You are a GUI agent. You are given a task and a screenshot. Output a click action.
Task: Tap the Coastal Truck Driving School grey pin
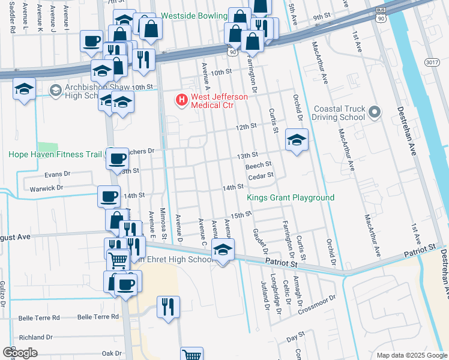(x=375, y=112)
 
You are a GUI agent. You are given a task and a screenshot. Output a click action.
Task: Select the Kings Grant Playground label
(x=291, y=198)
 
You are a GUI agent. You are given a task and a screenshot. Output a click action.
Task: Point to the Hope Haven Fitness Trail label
(x=55, y=154)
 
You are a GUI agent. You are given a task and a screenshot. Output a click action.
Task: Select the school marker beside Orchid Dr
(x=297, y=140)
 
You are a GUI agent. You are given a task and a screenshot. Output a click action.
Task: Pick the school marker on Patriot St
(x=223, y=250)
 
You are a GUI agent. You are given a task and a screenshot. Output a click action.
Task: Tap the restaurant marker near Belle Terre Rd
(x=169, y=306)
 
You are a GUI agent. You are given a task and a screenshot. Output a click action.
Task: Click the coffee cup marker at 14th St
(x=109, y=196)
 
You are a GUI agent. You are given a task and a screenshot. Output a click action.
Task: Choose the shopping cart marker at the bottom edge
(x=191, y=356)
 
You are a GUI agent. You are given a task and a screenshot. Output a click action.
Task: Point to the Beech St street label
(x=259, y=164)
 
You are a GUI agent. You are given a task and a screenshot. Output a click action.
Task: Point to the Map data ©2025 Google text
(x=412, y=355)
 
